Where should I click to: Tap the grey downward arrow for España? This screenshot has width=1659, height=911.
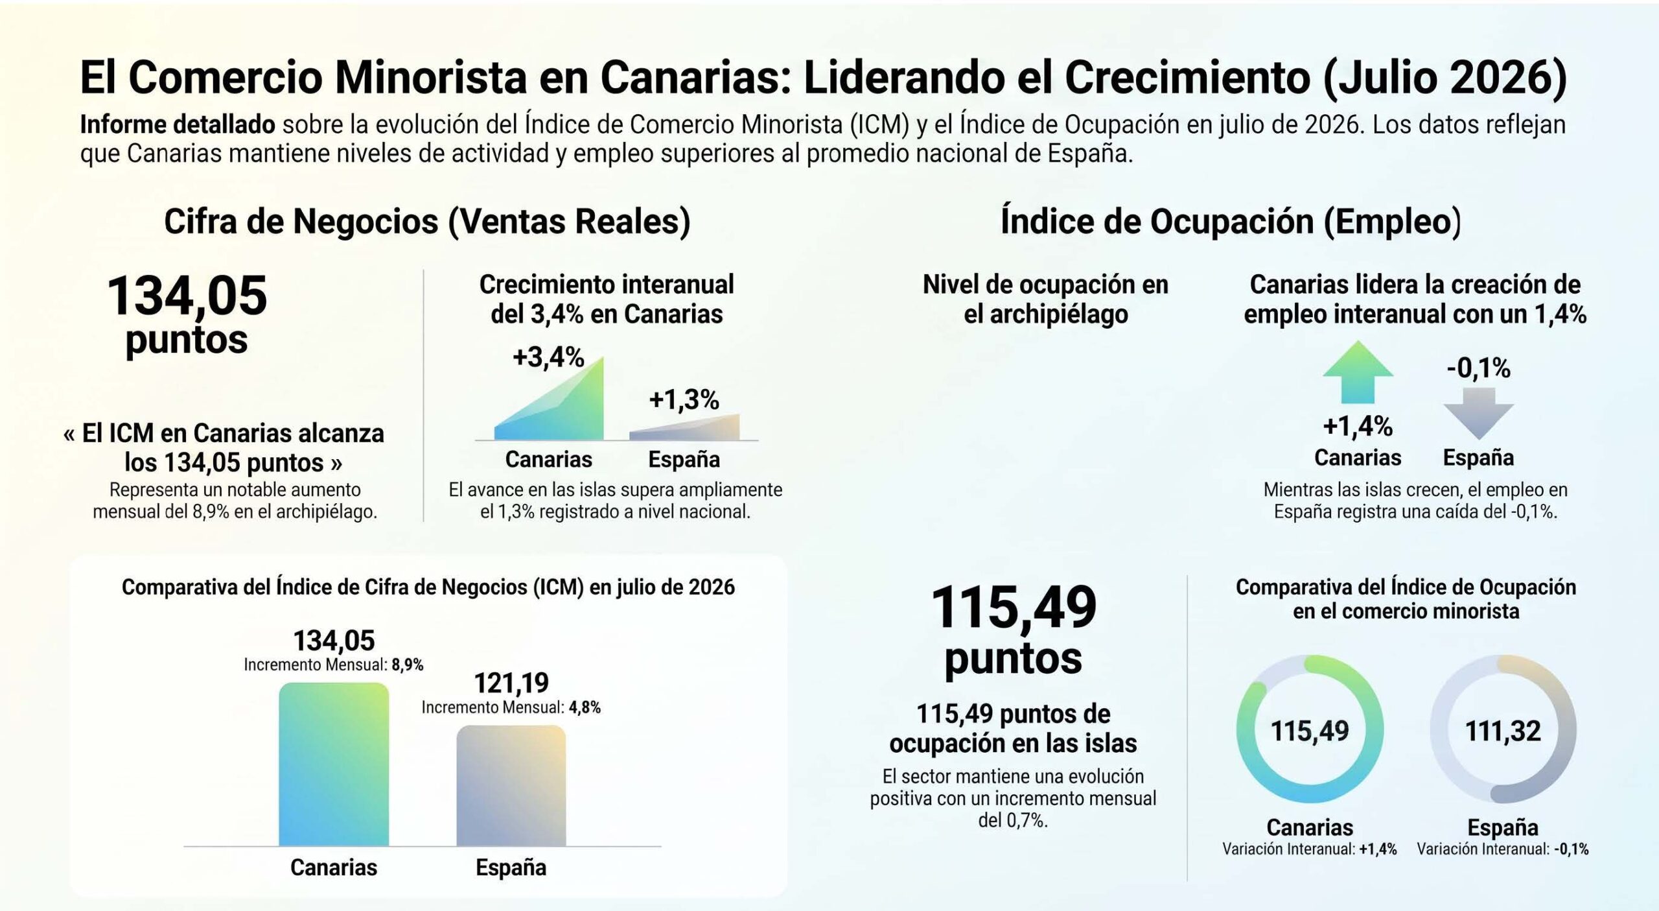[x=1478, y=413]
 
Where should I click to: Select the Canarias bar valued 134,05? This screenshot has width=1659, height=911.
[x=334, y=764]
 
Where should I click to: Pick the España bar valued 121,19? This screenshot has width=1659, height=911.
[x=511, y=785]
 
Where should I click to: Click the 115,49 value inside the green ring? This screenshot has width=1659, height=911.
[x=1310, y=731]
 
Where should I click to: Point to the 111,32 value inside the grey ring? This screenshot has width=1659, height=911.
[x=1503, y=731]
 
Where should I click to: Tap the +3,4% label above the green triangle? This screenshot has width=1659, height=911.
[x=548, y=357]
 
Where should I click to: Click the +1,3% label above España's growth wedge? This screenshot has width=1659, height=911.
[x=684, y=399]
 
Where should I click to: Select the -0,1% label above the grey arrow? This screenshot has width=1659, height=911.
[x=1478, y=368]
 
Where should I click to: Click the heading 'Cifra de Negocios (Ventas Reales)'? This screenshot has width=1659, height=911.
[x=427, y=221]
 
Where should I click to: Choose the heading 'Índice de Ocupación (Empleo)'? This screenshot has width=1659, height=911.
[x=1231, y=221]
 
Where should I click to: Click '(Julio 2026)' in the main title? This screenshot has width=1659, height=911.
[x=1444, y=77]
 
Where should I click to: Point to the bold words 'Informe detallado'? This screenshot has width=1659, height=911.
[x=178, y=124]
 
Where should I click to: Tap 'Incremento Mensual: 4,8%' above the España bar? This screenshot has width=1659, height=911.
[x=511, y=707]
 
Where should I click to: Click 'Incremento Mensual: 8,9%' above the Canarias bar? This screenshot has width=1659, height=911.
[x=334, y=665]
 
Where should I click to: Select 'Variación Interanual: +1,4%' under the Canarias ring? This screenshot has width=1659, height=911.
[x=1310, y=849]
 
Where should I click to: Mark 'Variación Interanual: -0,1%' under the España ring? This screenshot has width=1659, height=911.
[x=1503, y=849]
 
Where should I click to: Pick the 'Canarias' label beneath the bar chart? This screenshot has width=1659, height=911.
[x=334, y=867]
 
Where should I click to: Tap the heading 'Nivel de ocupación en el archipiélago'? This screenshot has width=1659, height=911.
[x=1045, y=299]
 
